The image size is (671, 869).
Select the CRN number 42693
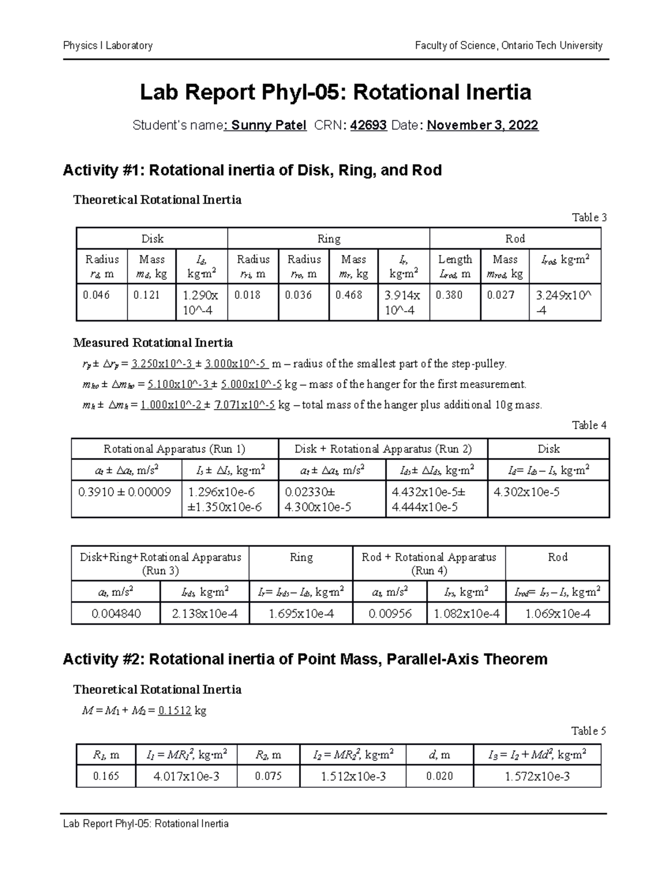coord(368,125)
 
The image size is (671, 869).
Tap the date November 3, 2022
coord(482,125)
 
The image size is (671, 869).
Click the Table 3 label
coord(589,218)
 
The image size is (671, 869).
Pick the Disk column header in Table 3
coord(152,239)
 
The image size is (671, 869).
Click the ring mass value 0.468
coord(348,295)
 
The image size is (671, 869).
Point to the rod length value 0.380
coord(449,295)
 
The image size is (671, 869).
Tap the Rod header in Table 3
coord(515,239)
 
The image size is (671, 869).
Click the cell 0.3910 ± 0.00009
coord(125,492)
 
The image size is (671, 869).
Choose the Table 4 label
coord(589,425)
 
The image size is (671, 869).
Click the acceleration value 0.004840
coord(116,614)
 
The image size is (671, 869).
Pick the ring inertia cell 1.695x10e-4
coord(301,614)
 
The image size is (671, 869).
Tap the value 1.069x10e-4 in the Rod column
coord(557,614)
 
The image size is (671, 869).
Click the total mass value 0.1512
coord(174,711)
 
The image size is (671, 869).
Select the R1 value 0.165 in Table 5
coord(106,776)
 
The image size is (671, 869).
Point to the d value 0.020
coord(440,776)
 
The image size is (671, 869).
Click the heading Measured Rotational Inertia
coord(153,342)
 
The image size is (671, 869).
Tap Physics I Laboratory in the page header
coord(108,45)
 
